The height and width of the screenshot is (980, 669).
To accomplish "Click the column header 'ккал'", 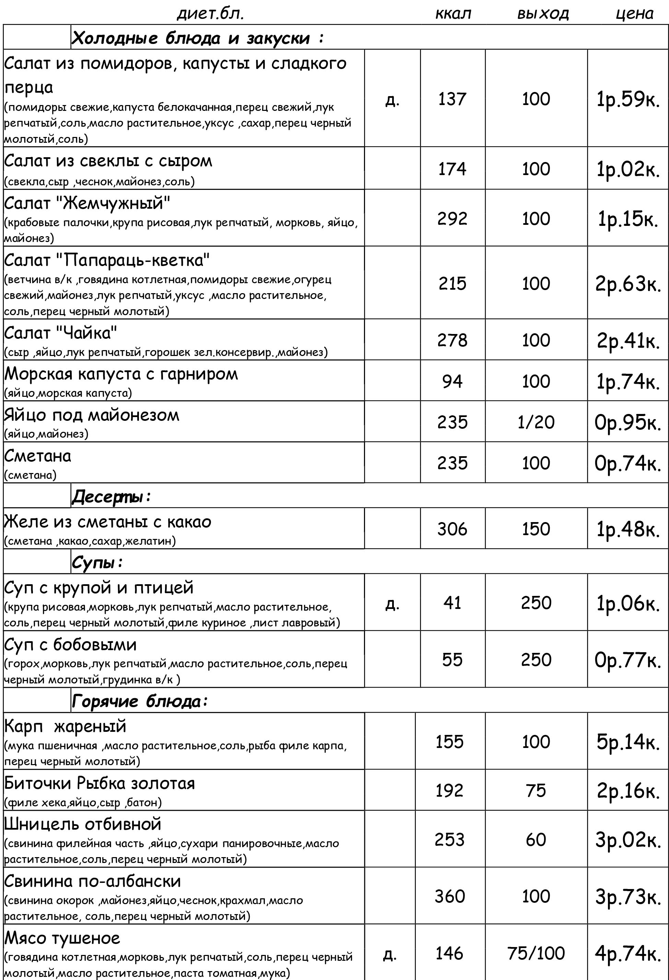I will pyautogui.click(x=453, y=14).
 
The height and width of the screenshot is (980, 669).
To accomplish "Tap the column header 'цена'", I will pyautogui.click(x=634, y=14).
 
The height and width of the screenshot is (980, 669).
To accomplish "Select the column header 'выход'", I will pyautogui.click(x=543, y=14).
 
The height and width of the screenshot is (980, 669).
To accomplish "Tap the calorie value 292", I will pyautogui.click(x=452, y=218).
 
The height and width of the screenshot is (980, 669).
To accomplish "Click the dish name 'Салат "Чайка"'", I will pyautogui.click(x=61, y=333).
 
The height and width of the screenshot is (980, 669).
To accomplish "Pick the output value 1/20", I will pyautogui.click(x=536, y=422).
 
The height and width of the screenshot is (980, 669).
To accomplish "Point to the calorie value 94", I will pyautogui.click(x=452, y=381).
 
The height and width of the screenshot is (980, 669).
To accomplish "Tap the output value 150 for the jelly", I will pyautogui.click(x=536, y=529).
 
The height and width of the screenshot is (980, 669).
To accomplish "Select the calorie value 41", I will pyautogui.click(x=452, y=603).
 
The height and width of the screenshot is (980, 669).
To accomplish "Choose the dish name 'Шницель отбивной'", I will pyautogui.click(x=83, y=823).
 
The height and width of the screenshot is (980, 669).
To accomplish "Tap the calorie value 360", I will pyautogui.click(x=450, y=896).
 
